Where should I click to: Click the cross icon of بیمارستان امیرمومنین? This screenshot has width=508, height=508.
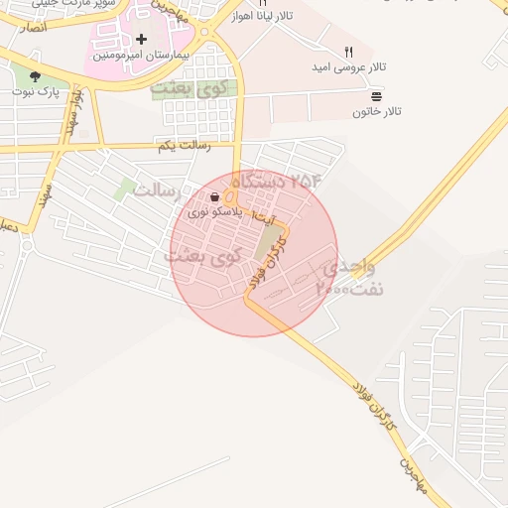pyautogui.click(x=142, y=40)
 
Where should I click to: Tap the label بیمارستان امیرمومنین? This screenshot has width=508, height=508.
pyautogui.click(x=142, y=56)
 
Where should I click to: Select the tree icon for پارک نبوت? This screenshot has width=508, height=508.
pyautogui.click(x=36, y=76)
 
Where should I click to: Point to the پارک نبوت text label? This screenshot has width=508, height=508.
pyautogui.click(x=36, y=92)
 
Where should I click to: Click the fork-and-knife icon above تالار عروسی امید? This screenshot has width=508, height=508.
pyautogui.click(x=348, y=52)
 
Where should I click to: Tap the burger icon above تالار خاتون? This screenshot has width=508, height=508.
pyautogui.click(x=377, y=97)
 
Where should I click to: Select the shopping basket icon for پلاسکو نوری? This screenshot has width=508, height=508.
pyautogui.click(x=215, y=197)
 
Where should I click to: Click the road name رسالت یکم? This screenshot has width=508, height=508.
pyautogui.click(x=185, y=147)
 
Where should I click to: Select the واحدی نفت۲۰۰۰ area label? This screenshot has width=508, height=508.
pyautogui.click(x=347, y=279)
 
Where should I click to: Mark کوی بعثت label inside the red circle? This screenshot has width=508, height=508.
pyautogui.click(x=203, y=256)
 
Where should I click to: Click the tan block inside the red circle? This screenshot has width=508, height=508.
pyautogui.click(x=268, y=242)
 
